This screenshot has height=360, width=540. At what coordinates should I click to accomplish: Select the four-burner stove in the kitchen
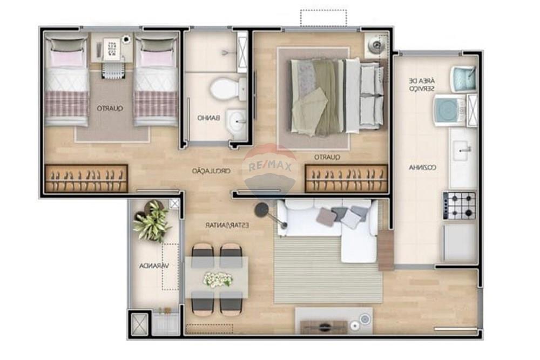tap(460, 205)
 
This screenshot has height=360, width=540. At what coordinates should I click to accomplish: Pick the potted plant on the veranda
tap(152, 221)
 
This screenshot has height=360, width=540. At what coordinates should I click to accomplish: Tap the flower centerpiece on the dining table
tap(218, 279)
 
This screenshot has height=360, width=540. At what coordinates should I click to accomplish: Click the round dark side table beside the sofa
tap(262, 209)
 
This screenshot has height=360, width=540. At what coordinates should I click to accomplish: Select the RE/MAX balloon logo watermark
tap(269, 166)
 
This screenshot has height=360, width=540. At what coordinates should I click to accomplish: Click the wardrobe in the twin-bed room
tap(86, 179)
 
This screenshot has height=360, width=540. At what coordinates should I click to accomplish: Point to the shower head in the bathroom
tap(226, 52)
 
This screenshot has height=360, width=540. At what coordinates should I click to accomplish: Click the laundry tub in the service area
tap(463, 77)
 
